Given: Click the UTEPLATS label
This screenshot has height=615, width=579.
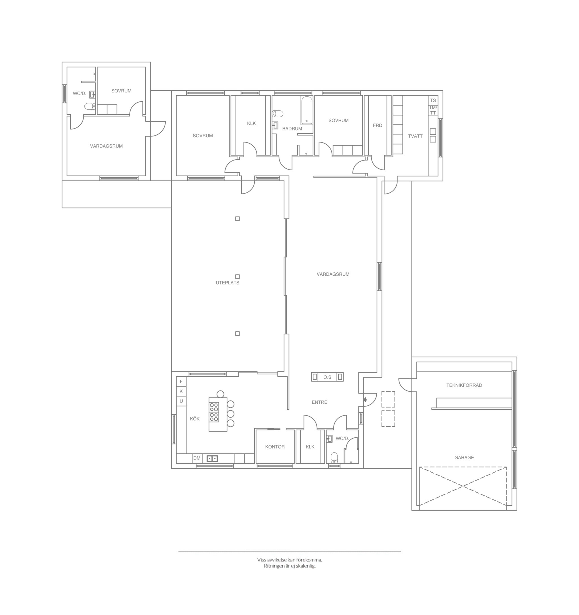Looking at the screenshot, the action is point(228,283).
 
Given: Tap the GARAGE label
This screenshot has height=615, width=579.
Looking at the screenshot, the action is point(464,458).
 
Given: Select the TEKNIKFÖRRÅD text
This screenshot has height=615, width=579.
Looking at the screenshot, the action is point(464,385).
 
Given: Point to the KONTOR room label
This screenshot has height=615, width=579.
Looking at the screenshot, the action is point(275,447).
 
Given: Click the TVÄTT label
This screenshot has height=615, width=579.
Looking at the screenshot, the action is point(415,136).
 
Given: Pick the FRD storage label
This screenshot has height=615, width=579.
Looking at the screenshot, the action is point(377,125).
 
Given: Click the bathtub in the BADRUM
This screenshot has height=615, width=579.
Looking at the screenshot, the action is point(307,110).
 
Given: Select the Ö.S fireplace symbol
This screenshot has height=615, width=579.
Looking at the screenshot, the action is point(327,377).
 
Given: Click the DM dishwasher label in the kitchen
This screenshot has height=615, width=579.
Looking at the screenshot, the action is point(197,458).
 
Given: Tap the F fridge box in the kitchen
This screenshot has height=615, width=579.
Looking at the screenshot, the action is point(181,381).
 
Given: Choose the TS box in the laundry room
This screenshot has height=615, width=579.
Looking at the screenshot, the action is point(433,100).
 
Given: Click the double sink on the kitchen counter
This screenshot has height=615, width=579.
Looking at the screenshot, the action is point(212,458).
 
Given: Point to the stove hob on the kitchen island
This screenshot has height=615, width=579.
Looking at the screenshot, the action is point(214,412).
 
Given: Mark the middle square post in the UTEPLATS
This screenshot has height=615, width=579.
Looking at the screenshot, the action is point(237,277).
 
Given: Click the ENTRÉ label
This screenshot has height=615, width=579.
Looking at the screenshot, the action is point(319,402).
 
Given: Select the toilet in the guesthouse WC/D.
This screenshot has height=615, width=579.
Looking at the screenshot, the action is point(90,107).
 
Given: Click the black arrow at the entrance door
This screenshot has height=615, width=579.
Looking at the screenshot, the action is point(365,400).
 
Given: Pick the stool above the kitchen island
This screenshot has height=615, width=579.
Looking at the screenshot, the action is point(220,394).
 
